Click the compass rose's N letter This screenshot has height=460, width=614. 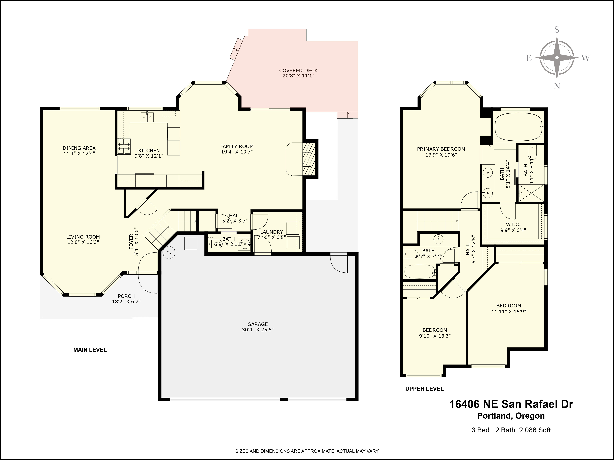click(x=557, y=86)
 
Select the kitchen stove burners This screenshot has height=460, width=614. click(x=124, y=146)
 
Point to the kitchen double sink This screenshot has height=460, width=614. click(x=147, y=117)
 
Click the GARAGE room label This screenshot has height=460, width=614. click(x=258, y=324)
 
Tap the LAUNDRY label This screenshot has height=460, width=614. click(x=272, y=232)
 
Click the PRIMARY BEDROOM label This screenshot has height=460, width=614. click(x=441, y=149)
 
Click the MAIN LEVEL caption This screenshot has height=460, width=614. click(x=90, y=350)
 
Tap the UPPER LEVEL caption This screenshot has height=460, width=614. click(x=424, y=389)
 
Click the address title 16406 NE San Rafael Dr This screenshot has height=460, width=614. click(x=511, y=404)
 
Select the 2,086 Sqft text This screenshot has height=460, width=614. click(x=535, y=430)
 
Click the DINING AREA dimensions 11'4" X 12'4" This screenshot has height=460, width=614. click(x=79, y=153)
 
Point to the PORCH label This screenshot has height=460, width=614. click(x=126, y=296)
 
